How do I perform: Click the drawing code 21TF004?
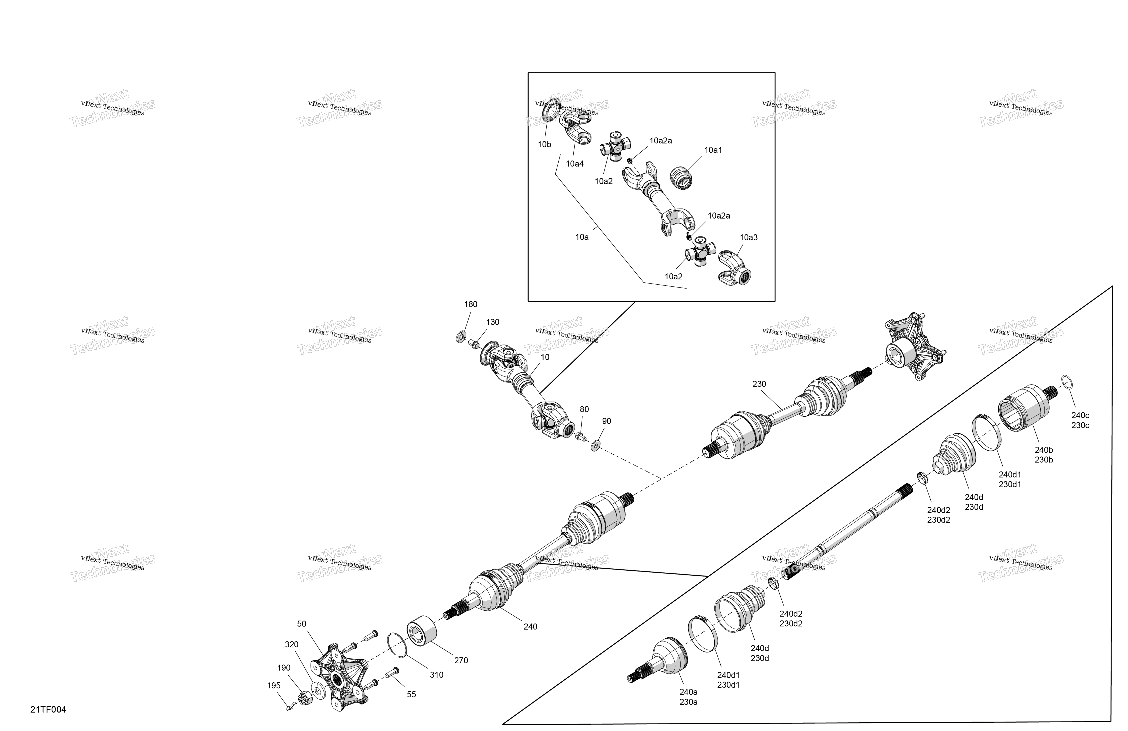pos(48,710)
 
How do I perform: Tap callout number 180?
pos(471,304)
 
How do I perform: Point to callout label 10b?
pos(544,145)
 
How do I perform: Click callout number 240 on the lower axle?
pos(530,627)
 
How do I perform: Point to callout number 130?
pos(492,322)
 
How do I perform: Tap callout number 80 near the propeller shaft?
pos(584,409)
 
